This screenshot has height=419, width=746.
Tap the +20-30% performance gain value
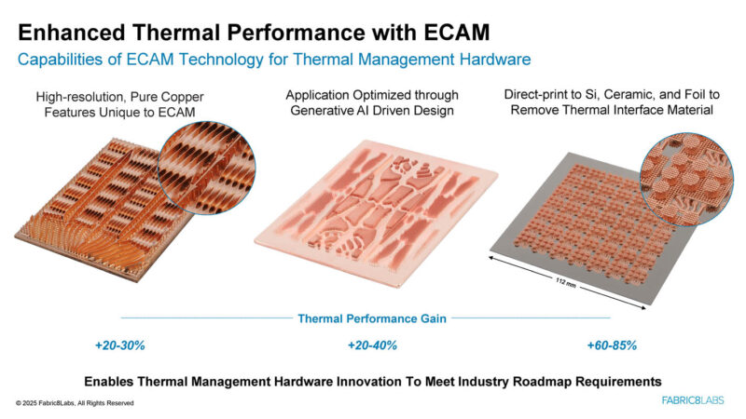pyautogui.click(x=119, y=345)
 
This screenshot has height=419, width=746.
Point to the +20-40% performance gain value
pyautogui.click(x=372, y=345)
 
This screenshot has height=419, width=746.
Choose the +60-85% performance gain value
pyautogui.click(x=612, y=345)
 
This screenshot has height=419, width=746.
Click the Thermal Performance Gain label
pyautogui.click(x=372, y=318)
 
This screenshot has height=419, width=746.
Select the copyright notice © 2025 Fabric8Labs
pyautogui.click(x=75, y=403)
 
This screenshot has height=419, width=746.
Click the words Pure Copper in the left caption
pyautogui.click(x=170, y=97)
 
